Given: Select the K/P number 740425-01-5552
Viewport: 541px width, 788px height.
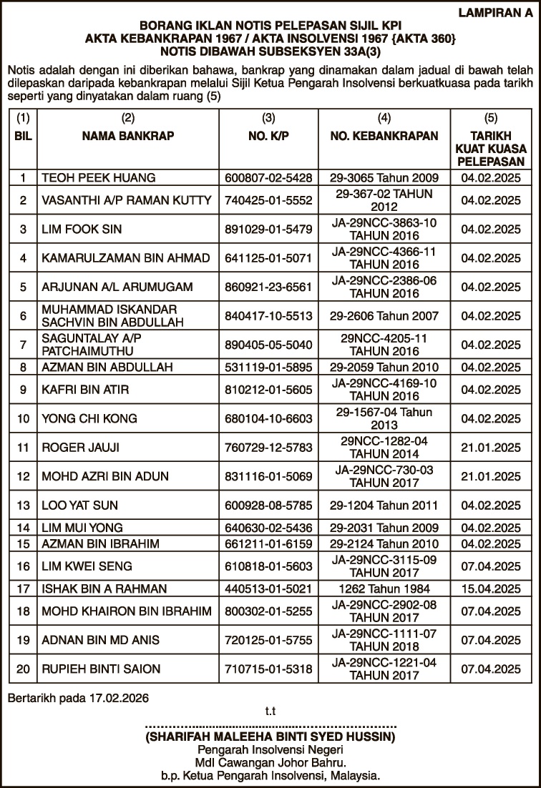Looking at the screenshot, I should point(268,200).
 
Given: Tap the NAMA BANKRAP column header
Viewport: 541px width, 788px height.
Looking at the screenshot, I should point(127,136).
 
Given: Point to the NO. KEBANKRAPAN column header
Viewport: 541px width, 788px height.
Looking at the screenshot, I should point(384,136).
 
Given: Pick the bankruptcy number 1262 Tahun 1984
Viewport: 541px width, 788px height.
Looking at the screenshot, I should point(384,589).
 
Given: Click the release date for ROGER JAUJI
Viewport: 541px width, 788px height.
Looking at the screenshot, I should point(491,448).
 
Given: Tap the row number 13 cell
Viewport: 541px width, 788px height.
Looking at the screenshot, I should point(23,506).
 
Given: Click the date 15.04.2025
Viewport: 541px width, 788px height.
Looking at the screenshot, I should point(491,589).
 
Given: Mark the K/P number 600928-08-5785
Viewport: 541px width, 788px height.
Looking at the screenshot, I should point(268,506).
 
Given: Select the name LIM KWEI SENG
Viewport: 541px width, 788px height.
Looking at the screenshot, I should point(87,566).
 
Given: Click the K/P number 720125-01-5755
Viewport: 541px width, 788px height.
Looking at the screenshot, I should point(268,640).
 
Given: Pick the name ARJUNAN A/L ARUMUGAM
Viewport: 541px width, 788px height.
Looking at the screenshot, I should point(117,287).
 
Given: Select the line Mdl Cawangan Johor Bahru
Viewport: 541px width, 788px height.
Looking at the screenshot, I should point(270,762).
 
